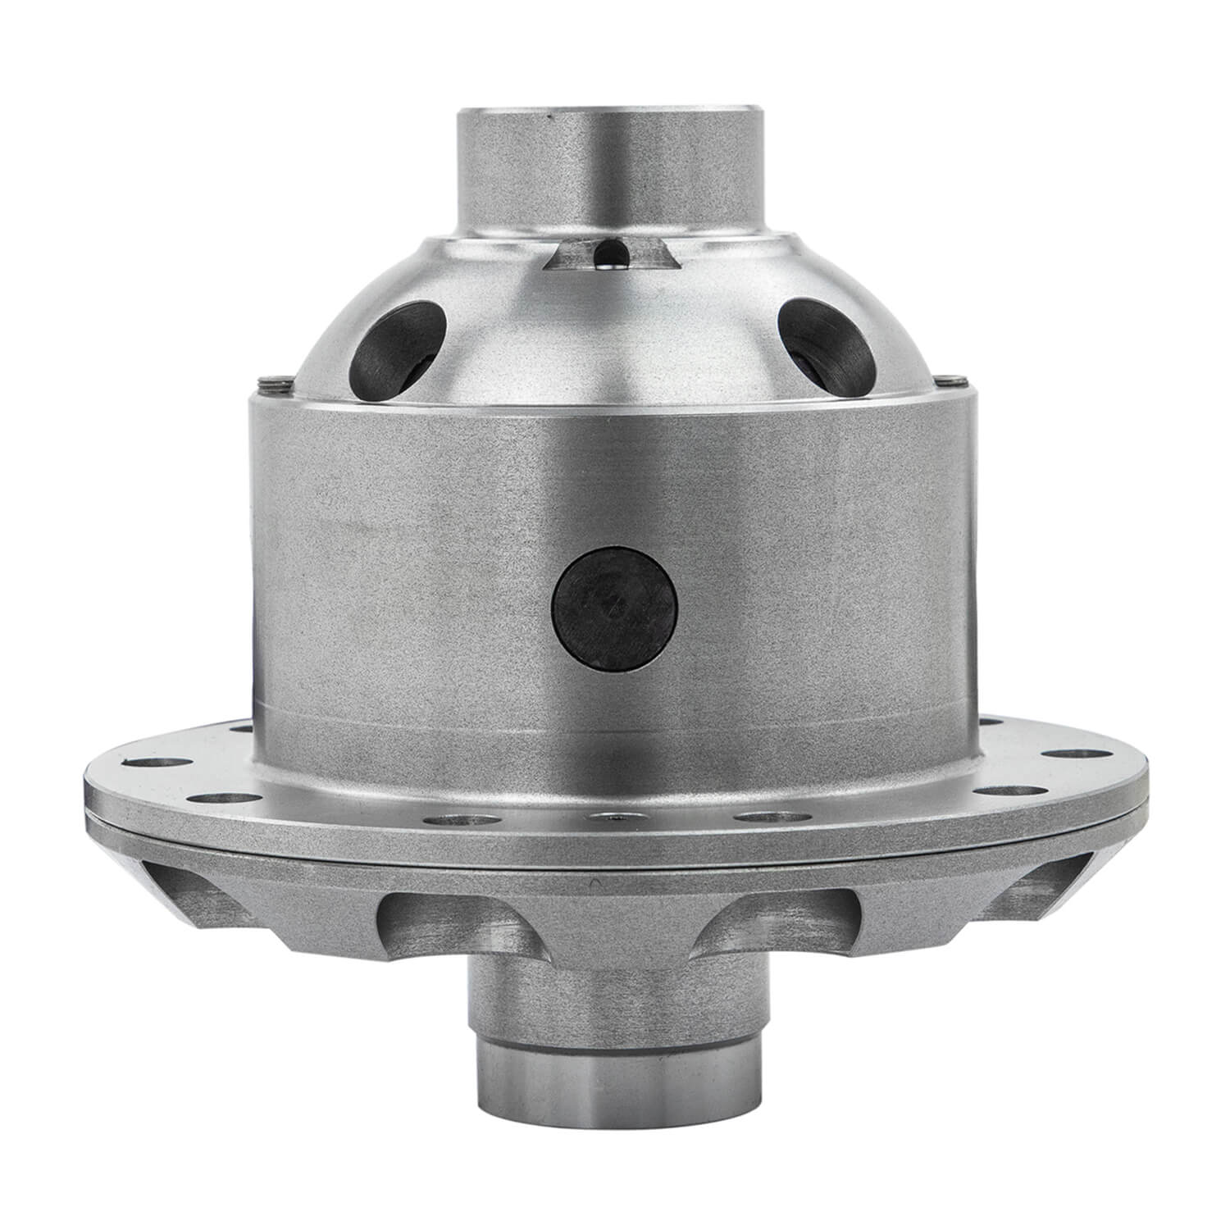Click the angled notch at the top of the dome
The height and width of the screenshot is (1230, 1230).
[611, 255]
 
